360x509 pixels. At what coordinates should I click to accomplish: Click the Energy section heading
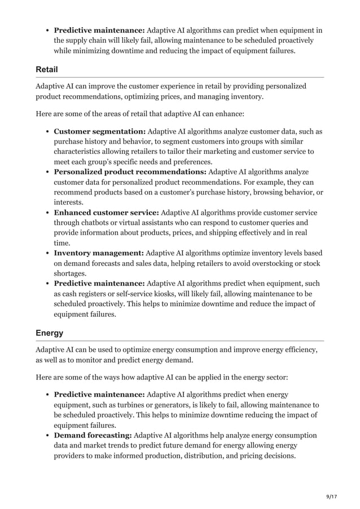[49, 333]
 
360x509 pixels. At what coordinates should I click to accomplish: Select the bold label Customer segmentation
[100, 131]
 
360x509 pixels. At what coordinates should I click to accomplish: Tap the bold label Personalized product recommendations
[130, 172]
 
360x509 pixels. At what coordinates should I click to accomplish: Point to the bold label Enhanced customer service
[107, 213]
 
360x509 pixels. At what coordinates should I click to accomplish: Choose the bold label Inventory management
[99, 253]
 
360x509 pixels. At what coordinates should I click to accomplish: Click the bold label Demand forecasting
[93, 435]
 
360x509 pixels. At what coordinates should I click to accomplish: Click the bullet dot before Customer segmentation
[46, 132]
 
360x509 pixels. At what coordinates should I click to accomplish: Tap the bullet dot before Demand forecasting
[46, 436]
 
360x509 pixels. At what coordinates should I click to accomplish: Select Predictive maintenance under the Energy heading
[99, 395]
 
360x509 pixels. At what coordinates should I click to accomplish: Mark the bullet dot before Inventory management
[46, 254]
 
